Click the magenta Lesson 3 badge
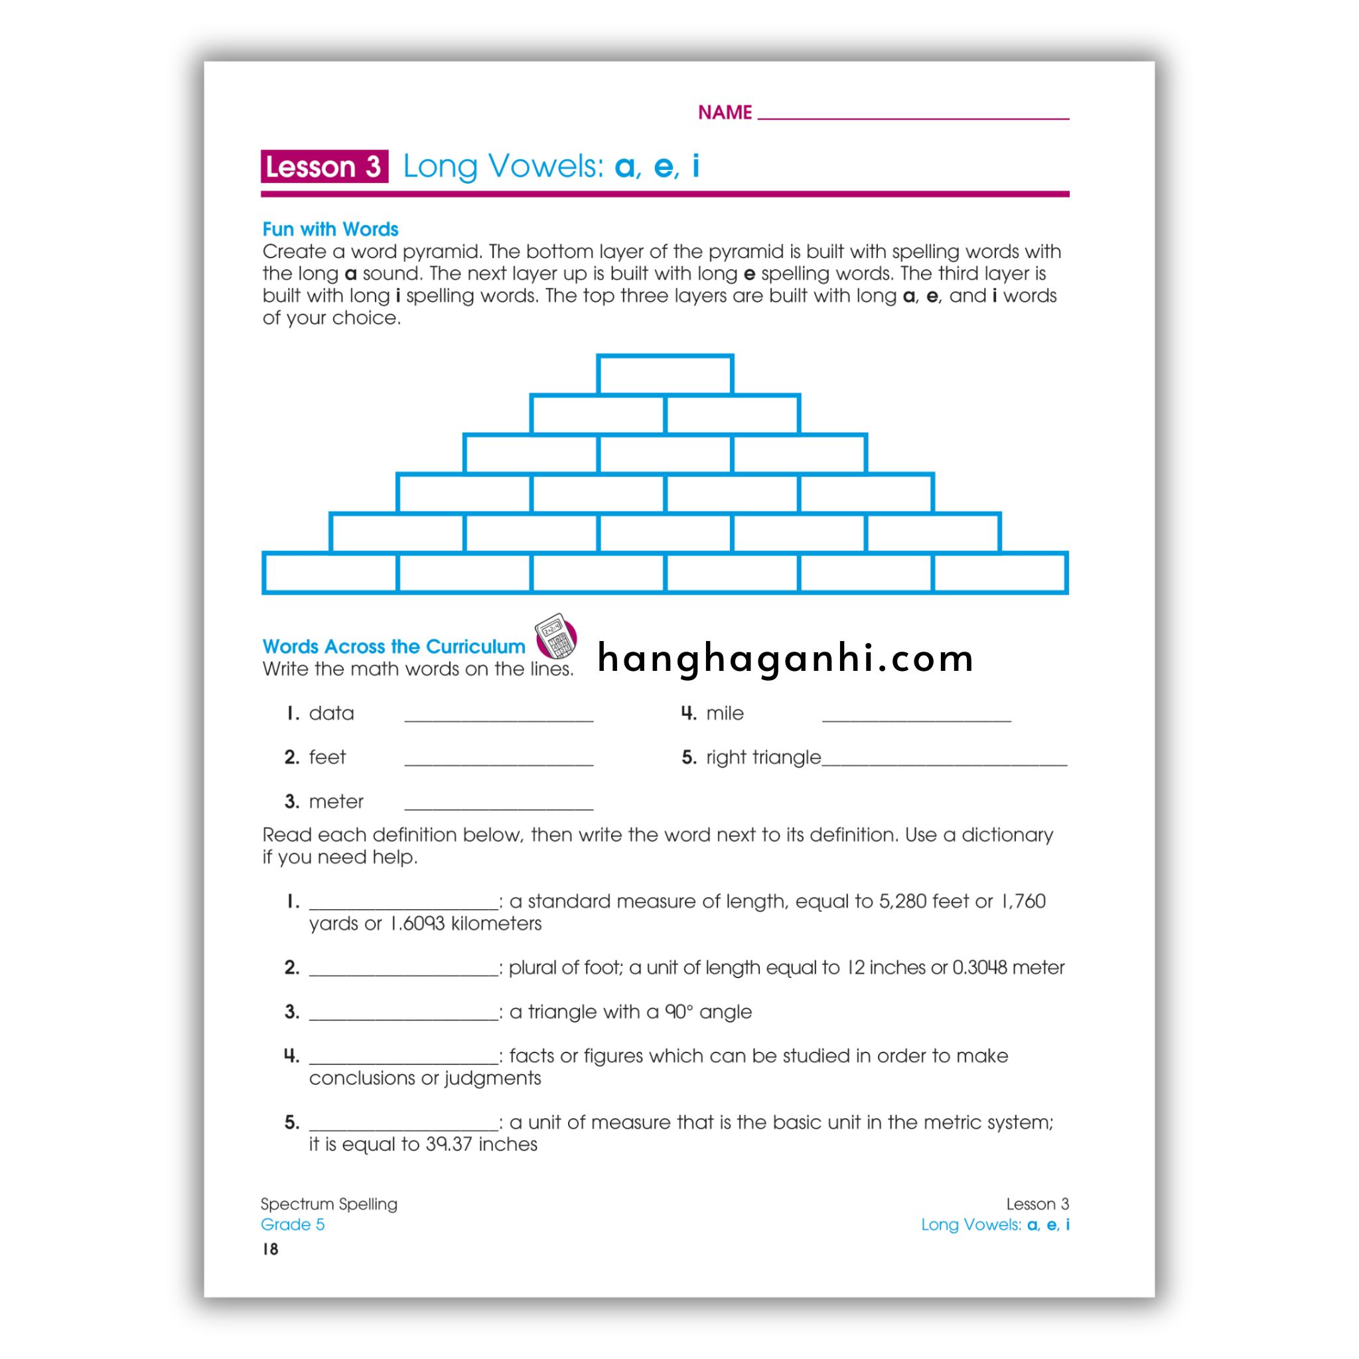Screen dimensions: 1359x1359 pos(324,167)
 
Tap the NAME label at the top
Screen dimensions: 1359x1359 pos(725,113)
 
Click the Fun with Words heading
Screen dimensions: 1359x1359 pos(330,230)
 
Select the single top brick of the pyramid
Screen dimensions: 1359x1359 pos(665,374)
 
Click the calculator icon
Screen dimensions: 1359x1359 pos(555,635)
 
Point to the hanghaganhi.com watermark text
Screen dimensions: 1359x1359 pos(785,658)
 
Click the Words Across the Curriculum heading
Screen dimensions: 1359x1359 pos(393,646)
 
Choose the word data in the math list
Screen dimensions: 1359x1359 pos(331,713)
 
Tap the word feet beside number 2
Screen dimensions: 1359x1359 pos(327,758)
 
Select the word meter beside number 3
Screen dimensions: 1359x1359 pos(336,802)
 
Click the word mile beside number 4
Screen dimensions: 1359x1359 pos(725,713)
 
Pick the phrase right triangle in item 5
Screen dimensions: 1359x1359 pos(763,758)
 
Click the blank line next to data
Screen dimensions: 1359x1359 pos(499,719)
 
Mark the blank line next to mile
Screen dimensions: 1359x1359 pos(916,719)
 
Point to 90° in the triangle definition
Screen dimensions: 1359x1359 pos(679,1011)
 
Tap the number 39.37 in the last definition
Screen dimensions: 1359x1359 pos(448,1144)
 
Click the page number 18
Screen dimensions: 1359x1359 pos(270,1249)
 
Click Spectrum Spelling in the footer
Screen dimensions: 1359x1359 pos(328,1204)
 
